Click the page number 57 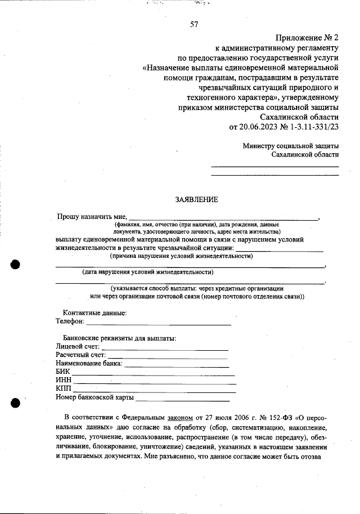(x=194, y=24)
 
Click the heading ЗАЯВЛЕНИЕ (x=196, y=199)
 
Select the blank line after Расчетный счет (x=167, y=356)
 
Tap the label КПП (x=64, y=390)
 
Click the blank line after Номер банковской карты (x=183, y=399)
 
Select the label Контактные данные (x=94, y=313)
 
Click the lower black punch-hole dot (x=16, y=402)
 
